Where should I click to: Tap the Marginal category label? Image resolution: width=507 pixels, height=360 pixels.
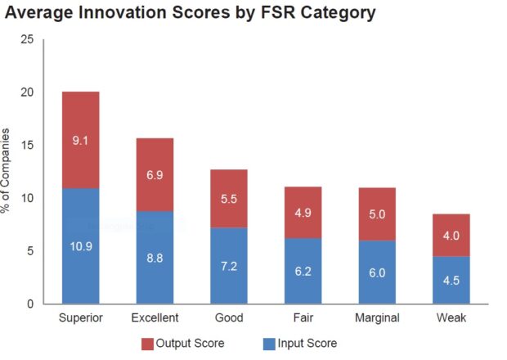pyautogui.click(x=376, y=318)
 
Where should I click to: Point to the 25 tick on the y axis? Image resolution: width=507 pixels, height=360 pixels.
pyautogui.click(x=26, y=39)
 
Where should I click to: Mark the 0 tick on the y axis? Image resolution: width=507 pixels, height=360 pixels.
pyautogui.click(x=29, y=304)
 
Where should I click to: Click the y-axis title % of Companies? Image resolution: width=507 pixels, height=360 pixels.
pyautogui.click(x=7, y=172)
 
